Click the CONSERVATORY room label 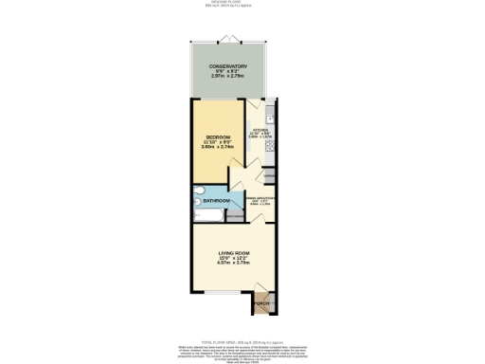click(x=228, y=65)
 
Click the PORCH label click(x=261, y=303)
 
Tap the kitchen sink click(x=270, y=118)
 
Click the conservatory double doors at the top click(x=228, y=38)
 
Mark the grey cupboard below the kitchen click(x=269, y=176)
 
